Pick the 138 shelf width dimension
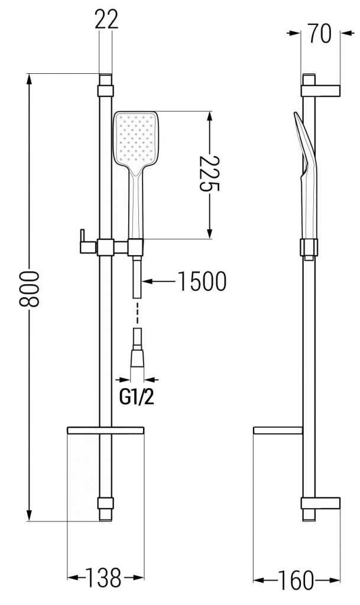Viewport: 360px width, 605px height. point(104,577)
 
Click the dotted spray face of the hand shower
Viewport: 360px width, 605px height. point(135,139)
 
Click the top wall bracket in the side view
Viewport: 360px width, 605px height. point(320,90)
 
